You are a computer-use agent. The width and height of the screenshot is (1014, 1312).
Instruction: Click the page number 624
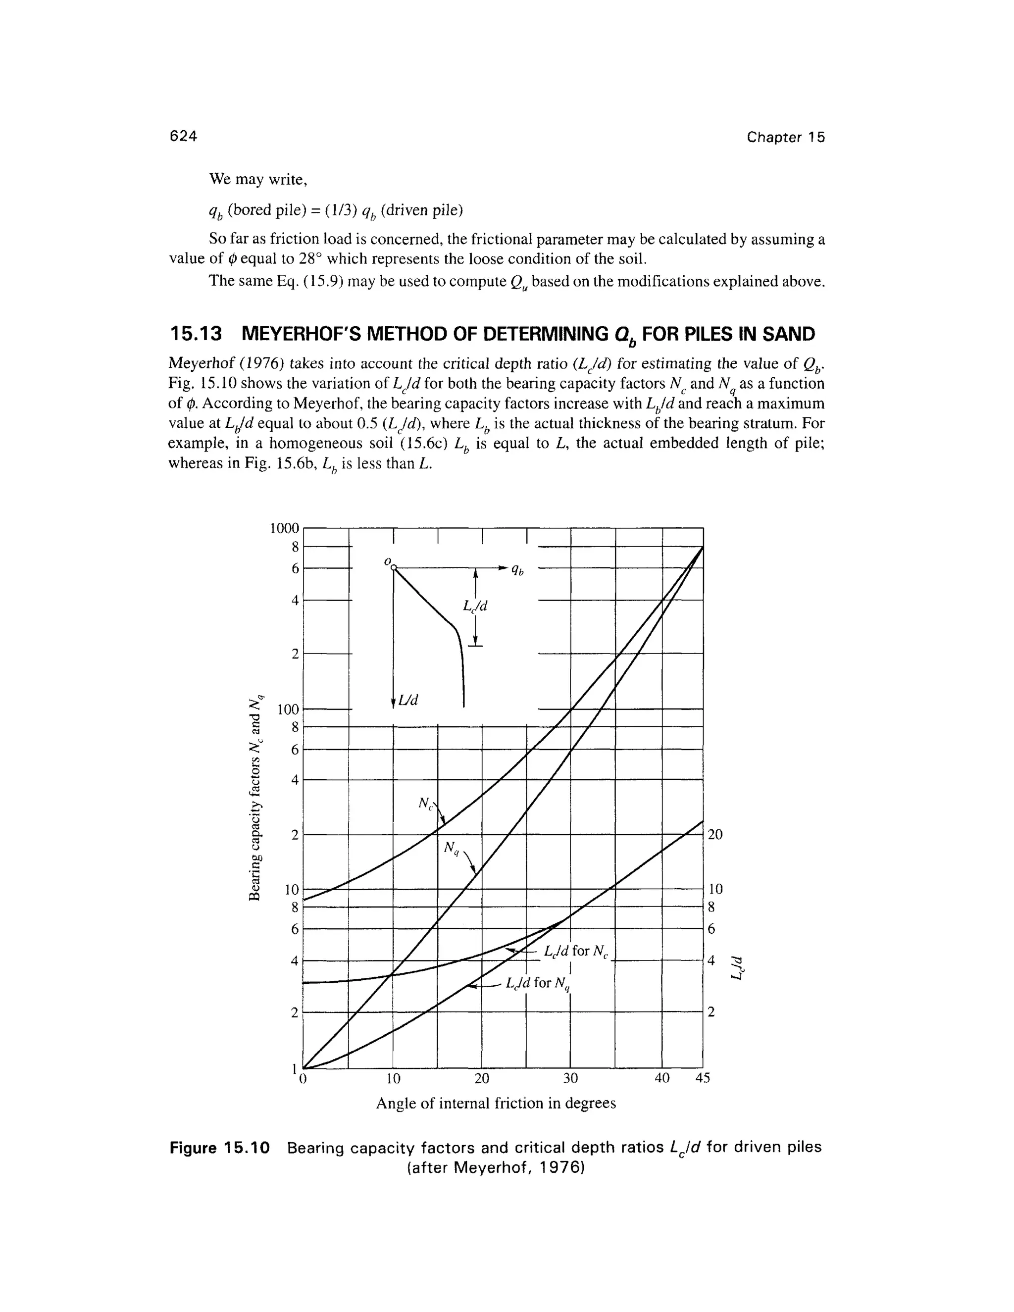[x=183, y=136]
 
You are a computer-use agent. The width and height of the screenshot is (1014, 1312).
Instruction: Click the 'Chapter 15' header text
[x=786, y=138]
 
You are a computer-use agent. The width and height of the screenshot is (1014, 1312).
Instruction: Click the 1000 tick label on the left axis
[x=284, y=528]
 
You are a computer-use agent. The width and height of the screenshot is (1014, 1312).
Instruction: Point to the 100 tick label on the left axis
[x=288, y=709]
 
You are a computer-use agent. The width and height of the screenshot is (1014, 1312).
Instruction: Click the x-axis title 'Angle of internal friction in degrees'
[x=496, y=1104]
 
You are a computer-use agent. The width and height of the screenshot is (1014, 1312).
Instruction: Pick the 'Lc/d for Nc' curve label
[x=576, y=951]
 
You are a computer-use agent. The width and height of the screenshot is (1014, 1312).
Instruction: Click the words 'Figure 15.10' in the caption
[x=220, y=1148]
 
